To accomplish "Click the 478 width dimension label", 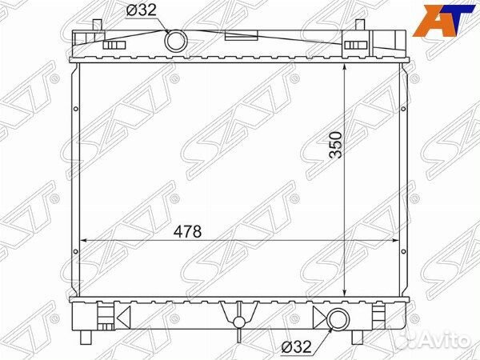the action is [x=187, y=231].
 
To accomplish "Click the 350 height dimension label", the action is [x=335, y=145].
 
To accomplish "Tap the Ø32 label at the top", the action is [x=142, y=10].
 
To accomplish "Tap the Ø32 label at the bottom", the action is [x=297, y=347].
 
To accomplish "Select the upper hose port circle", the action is [x=176, y=41].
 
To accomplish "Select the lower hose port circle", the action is [x=338, y=318].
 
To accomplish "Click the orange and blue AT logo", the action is [x=443, y=21].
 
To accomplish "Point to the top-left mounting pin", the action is [x=97, y=25].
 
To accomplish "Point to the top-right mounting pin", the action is [x=360, y=25].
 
